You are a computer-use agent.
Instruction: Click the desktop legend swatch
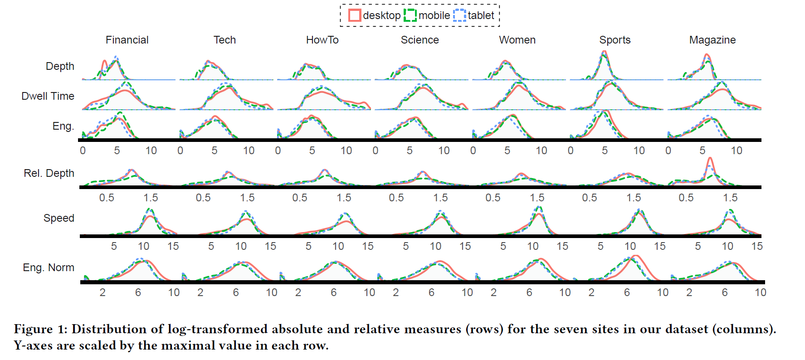pyautogui.click(x=355, y=15)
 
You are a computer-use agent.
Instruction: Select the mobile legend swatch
pyautogui.click(x=410, y=15)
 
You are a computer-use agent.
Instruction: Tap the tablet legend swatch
pyautogui.click(x=459, y=15)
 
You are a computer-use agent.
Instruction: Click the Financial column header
pyautogui.click(x=127, y=40)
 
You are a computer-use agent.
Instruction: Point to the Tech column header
pyautogui.click(x=224, y=40)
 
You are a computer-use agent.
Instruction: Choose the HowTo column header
pyautogui.click(x=322, y=40)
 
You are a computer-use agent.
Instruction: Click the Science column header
pyautogui.click(x=420, y=40)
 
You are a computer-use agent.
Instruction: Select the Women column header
pyautogui.click(x=517, y=40)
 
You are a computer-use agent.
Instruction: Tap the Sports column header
pyautogui.click(x=615, y=40)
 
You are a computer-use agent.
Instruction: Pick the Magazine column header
pyautogui.click(x=712, y=40)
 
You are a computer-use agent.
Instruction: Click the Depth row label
pyautogui.click(x=60, y=66)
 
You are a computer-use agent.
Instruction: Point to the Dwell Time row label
pyautogui.click(x=48, y=96)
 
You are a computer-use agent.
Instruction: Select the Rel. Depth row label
pyautogui.click(x=49, y=173)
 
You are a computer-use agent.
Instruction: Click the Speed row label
pyautogui.click(x=59, y=218)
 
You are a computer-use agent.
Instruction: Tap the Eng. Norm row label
pyautogui.click(x=49, y=268)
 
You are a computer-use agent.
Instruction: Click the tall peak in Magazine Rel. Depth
pyautogui.click(x=710, y=158)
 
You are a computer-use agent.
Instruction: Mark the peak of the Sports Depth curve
pyautogui.click(x=604, y=52)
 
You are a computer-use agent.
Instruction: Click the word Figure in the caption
pyautogui.click(x=33, y=329)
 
